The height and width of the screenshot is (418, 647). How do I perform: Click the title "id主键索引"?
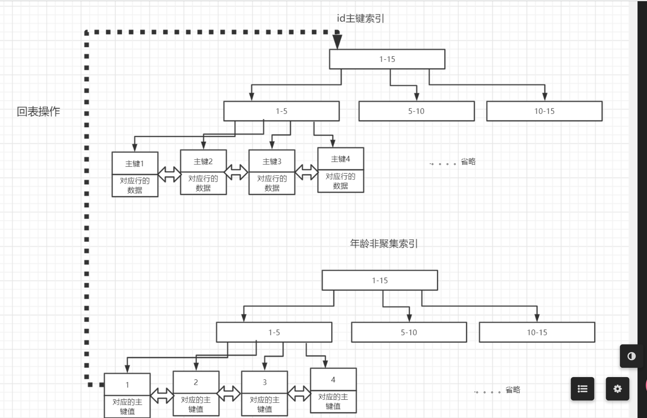[360, 18]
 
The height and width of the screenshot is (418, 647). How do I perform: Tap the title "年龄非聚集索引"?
[383, 244]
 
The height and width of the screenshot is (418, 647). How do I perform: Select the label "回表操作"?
[38, 112]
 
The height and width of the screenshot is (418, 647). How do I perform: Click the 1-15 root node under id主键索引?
[387, 59]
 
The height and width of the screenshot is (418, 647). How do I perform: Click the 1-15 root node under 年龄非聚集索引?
[380, 280]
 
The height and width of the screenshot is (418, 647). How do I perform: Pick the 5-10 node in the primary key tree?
[416, 111]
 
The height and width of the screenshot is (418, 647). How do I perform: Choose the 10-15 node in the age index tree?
[537, 332]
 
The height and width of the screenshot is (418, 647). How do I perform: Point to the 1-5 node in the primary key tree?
[281, 111]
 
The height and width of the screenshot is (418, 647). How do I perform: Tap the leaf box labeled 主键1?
[135, 163]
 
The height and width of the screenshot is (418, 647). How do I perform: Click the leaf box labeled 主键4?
[340, 159]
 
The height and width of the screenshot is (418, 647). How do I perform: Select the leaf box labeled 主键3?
[272, 161]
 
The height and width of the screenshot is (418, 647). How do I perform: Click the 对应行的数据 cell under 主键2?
[203, 183]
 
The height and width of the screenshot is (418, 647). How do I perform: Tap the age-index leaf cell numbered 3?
[264, 382]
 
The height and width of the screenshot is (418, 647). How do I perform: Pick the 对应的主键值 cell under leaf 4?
[333, 401]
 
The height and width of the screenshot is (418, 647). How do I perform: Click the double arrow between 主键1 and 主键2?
[169, 174]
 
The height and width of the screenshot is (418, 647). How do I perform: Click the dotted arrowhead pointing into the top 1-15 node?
[337, 41]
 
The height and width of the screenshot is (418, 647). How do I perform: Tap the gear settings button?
[617, 389]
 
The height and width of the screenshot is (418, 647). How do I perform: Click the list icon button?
[582, 389]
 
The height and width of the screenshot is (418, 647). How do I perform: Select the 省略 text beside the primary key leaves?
[468, 162]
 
